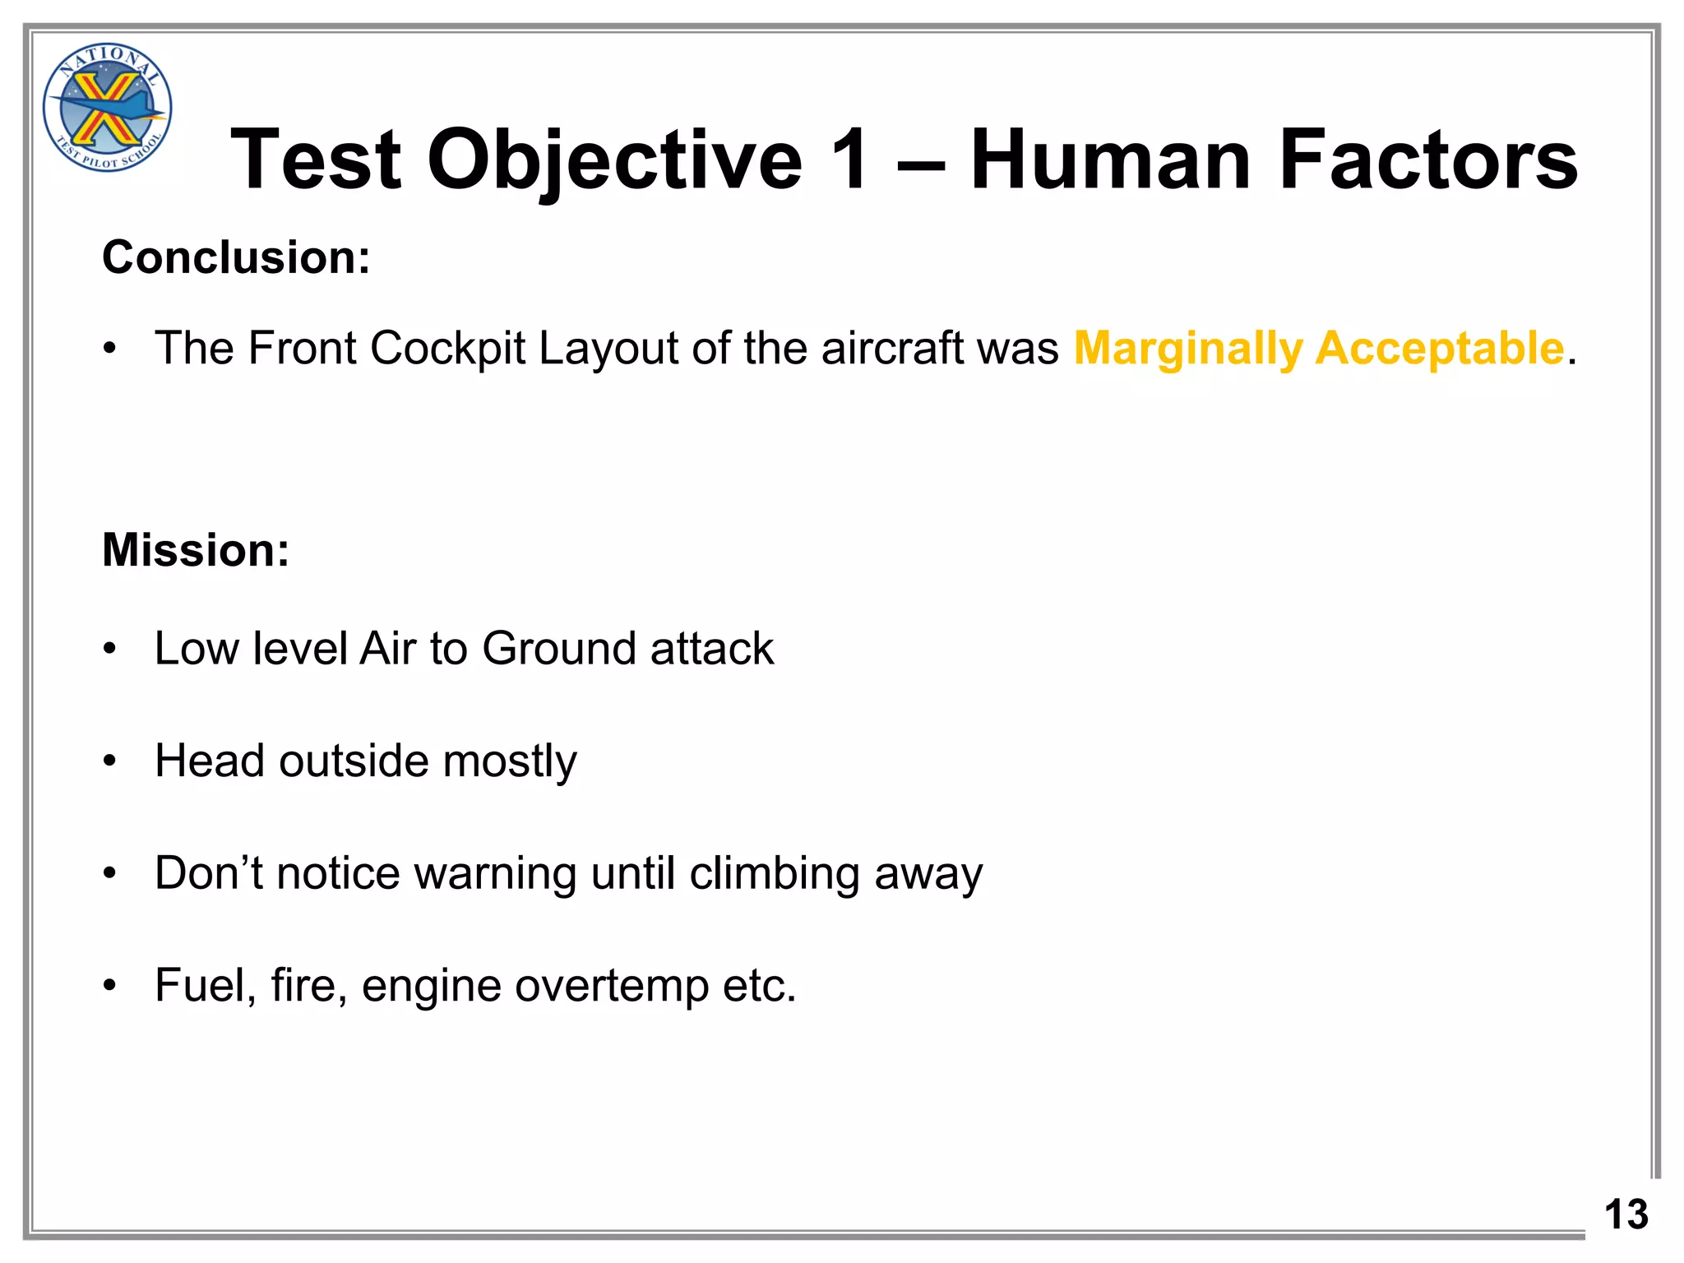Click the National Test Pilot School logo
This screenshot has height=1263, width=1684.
107,108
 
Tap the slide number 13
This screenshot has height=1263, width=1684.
1626,1214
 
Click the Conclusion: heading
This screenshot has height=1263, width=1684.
236,257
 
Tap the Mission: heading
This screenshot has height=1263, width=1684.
196,550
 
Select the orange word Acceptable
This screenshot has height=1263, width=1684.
1439,348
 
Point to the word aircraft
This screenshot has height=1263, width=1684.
891,348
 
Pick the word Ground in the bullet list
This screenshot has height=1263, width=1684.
558,649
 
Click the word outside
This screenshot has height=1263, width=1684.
354,761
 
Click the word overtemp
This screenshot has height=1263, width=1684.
611,986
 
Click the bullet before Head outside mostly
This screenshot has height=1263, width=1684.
110,761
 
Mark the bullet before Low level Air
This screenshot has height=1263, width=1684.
110,650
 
